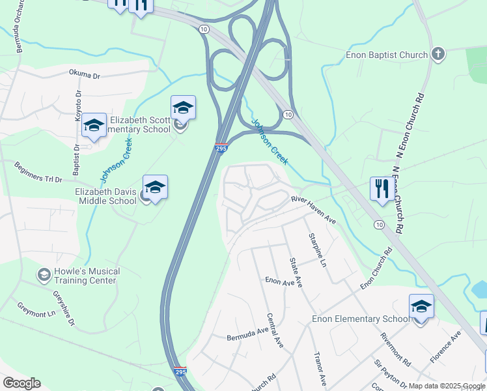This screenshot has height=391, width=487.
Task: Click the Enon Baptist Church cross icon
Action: click(x=438, y=55)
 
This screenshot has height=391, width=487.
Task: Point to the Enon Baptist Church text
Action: click(x=387, y=55)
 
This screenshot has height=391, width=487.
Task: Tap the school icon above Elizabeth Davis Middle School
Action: click(x=155, y=188)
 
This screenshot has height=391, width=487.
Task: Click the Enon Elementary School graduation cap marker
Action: click(x=421, y=307)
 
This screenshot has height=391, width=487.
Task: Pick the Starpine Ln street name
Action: click(x=317, y=249)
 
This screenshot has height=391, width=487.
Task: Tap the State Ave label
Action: click(x=296, y=272)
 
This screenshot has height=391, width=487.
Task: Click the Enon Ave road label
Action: click(x=280, y=281)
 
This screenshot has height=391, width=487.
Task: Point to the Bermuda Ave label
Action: click(x=247, y=334)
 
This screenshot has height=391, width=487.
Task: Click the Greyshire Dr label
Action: click(x=63, y=308)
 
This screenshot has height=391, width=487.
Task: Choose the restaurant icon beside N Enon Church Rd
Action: click(x=380, y=189)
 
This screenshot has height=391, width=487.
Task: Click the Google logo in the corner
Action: click(x=21, y=383)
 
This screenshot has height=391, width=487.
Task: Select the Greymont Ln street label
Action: click(x=36, y=309)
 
